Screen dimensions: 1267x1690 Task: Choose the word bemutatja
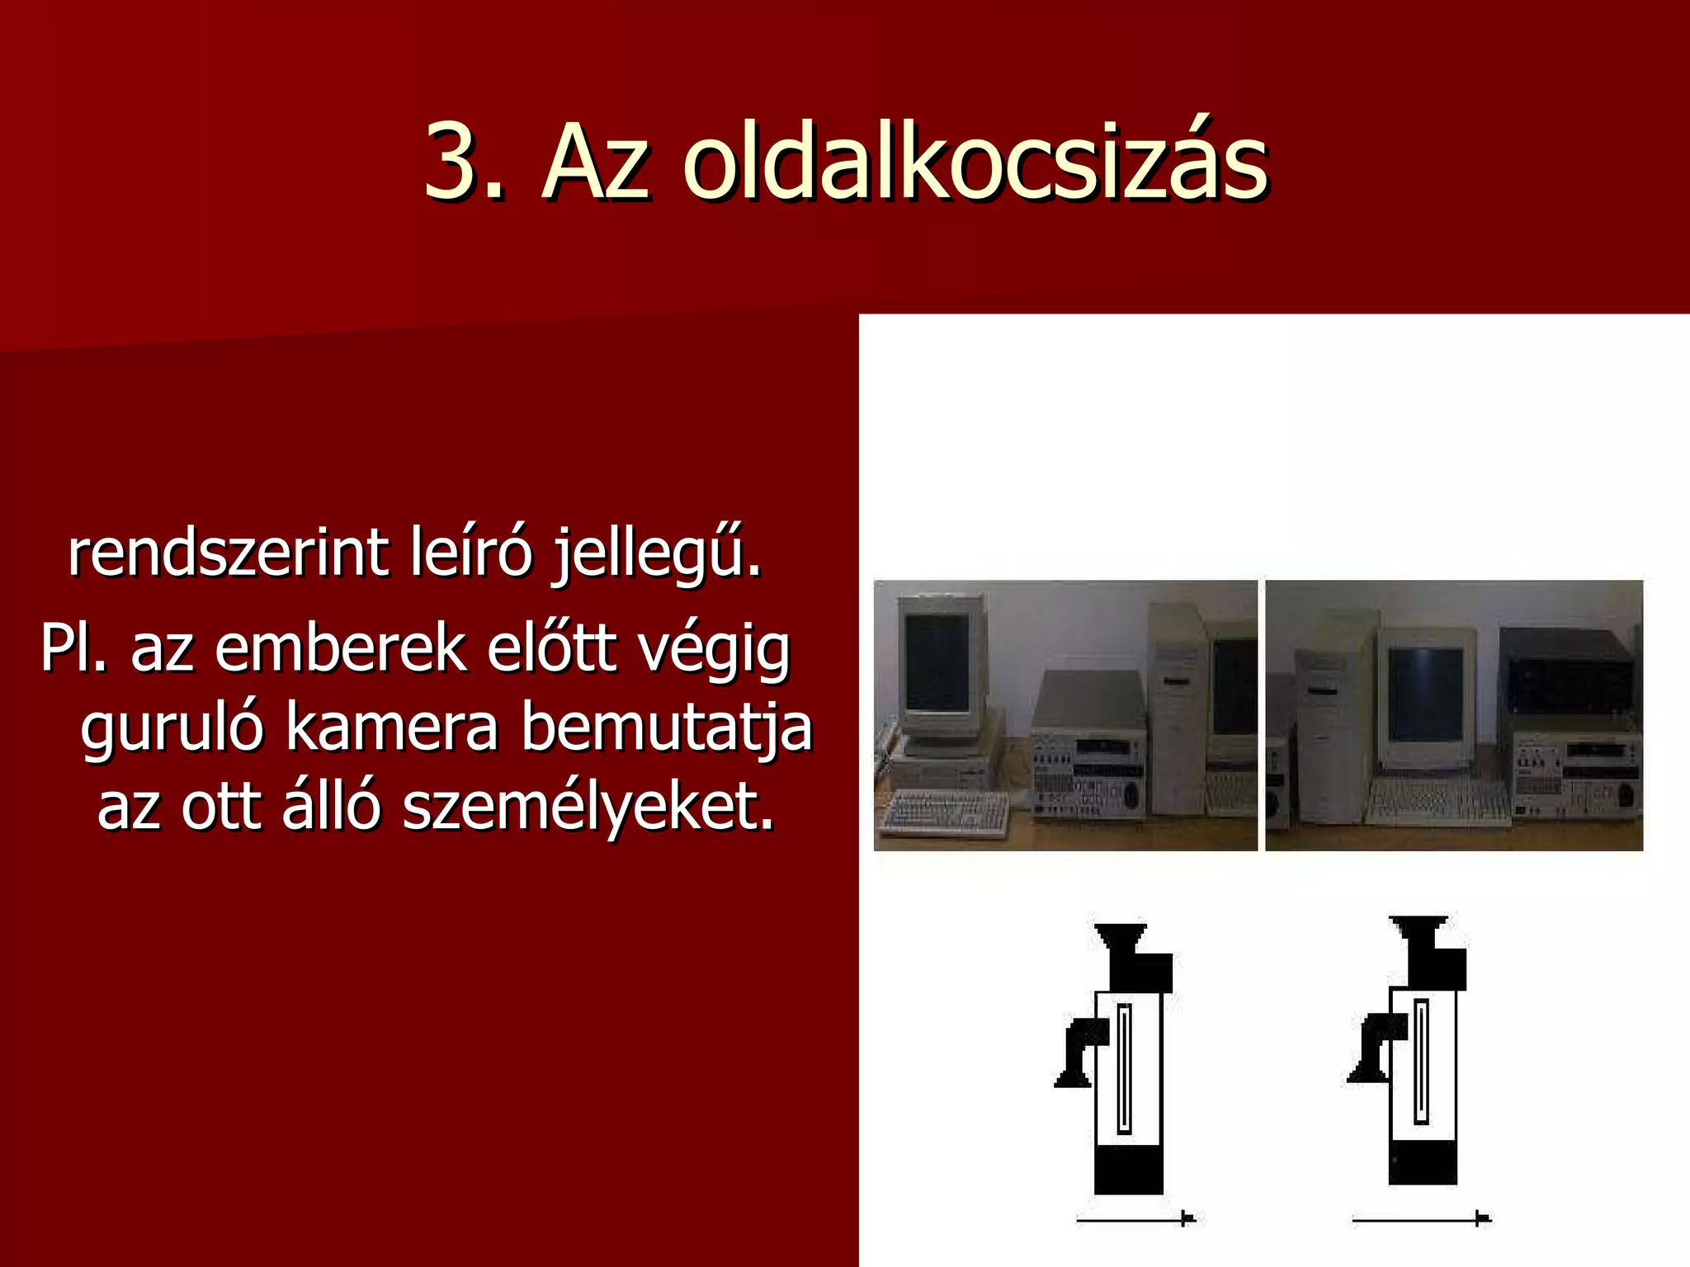click(667, 729)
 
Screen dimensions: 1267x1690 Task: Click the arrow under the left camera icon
click(1135, 1218)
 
